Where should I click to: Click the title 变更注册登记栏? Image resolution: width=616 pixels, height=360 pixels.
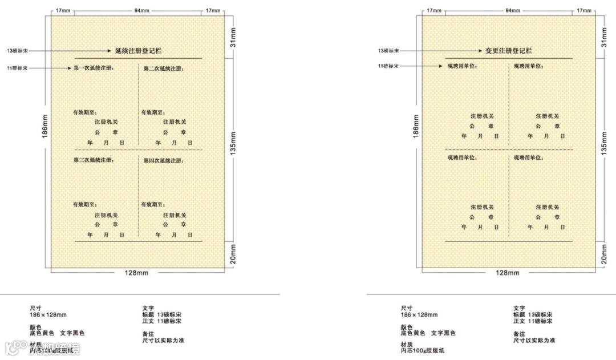508,51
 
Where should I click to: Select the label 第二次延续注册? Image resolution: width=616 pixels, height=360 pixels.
163,68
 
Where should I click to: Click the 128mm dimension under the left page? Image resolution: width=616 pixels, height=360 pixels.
136,273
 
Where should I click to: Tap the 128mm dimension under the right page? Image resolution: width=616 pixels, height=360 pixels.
507,273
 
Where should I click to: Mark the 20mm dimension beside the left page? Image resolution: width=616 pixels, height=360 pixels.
233,254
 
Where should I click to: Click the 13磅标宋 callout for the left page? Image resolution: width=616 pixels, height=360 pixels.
17,51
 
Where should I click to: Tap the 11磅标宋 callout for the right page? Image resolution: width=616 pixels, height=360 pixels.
388,66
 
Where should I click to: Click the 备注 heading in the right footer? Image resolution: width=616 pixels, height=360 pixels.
519,334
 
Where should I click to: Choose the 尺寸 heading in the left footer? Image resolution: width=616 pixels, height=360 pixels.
35,308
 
